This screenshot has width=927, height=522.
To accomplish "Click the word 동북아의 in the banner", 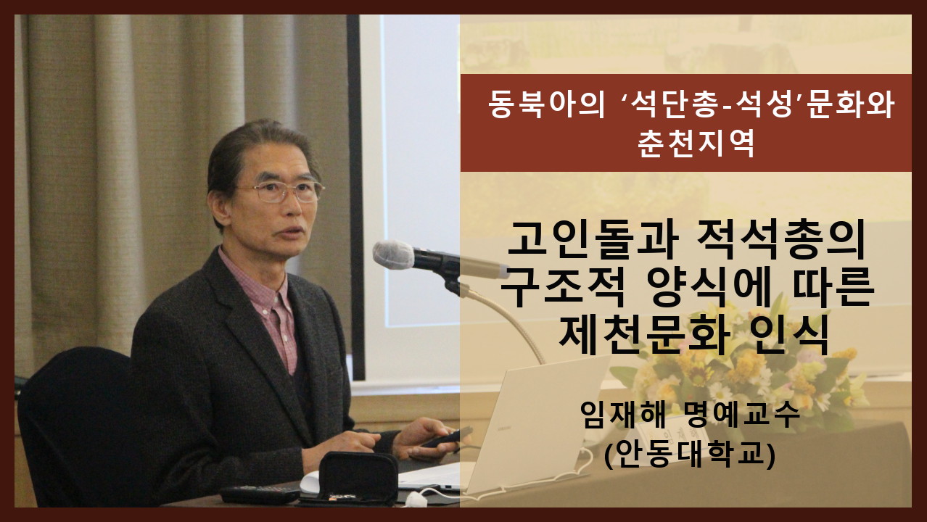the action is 547,104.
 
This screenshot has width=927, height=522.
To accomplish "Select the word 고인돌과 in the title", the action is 592,241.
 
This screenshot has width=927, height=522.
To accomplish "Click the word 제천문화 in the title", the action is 644,334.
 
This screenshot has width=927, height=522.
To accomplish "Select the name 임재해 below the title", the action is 622,415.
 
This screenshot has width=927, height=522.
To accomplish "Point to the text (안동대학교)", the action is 690,455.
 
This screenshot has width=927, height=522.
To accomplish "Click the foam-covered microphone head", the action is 393,254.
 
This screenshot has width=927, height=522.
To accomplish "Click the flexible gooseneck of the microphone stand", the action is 511,318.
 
